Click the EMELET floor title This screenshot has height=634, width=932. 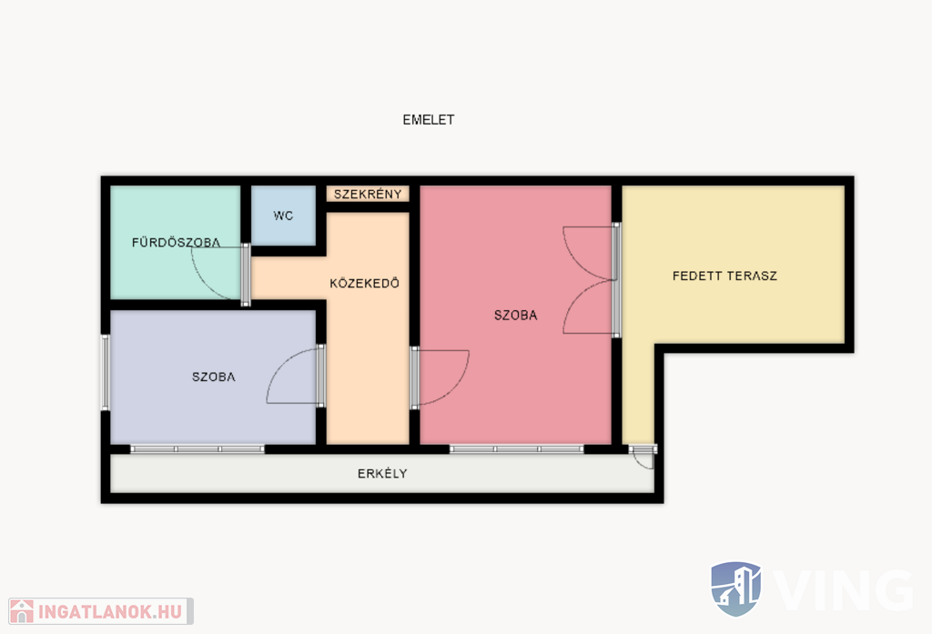click(429, 120)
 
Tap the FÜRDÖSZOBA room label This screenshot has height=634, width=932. click(176, 243)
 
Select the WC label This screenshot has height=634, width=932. click(284, 216)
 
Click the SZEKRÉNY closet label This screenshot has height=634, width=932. click(368, 195)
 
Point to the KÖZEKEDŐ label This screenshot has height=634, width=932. click(364, 284)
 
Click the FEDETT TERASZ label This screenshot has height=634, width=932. click(724, 276)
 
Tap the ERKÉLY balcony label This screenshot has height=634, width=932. click(382, 474)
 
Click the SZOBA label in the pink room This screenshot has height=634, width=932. click(515, 316)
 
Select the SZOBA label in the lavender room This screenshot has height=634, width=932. click(213, 377)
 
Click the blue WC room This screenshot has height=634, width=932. click(284, 215)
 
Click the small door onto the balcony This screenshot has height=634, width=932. click(643, 457)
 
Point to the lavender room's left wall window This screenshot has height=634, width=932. click(106, 373)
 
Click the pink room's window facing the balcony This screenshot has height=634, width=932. click(517, 449)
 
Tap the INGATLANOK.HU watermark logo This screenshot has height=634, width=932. click(100, 611)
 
